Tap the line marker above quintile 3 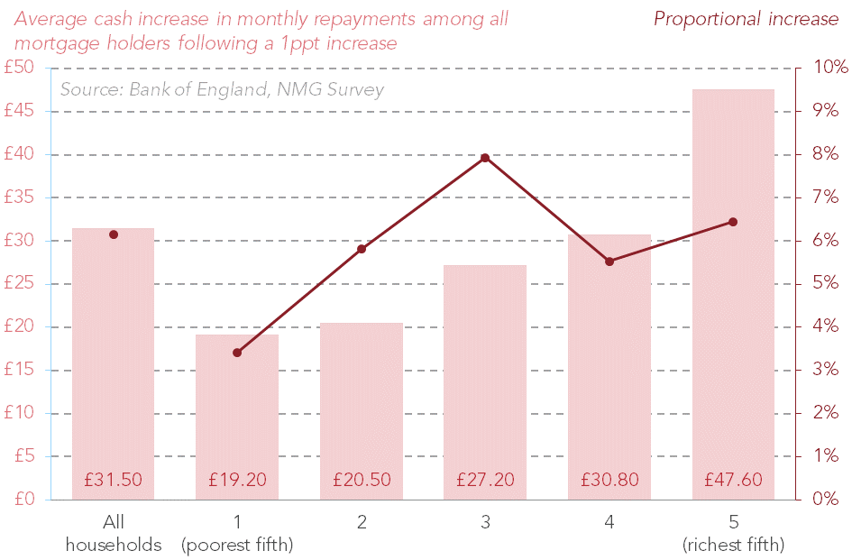click(485, 158)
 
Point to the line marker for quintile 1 click(237, 353)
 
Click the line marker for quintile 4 click(609, 262)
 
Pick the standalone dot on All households click(114, 234)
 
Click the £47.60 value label click(733, 480)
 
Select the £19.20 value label click(237, 480)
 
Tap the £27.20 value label click(485, 480)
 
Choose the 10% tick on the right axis click(830, 68)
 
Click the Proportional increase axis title click(746, 19)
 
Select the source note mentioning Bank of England click(222, 89)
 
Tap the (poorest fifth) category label click(237, 545)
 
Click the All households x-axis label click(114, 533)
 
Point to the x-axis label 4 click(609, 522)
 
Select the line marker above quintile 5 click(733, 222)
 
